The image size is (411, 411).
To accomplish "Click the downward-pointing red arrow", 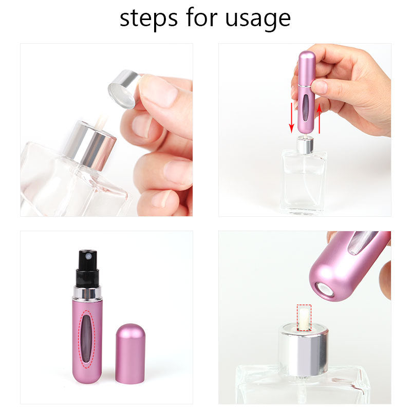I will (x=292, y=117).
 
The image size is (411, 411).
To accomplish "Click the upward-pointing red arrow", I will (x=319, y=117).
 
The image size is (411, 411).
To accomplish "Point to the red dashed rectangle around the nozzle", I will (x=304, y=317).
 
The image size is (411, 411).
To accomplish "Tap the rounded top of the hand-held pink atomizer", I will (x=307, y=58).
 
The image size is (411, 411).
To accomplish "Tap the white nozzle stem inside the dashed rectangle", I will (x=304, y=317).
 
